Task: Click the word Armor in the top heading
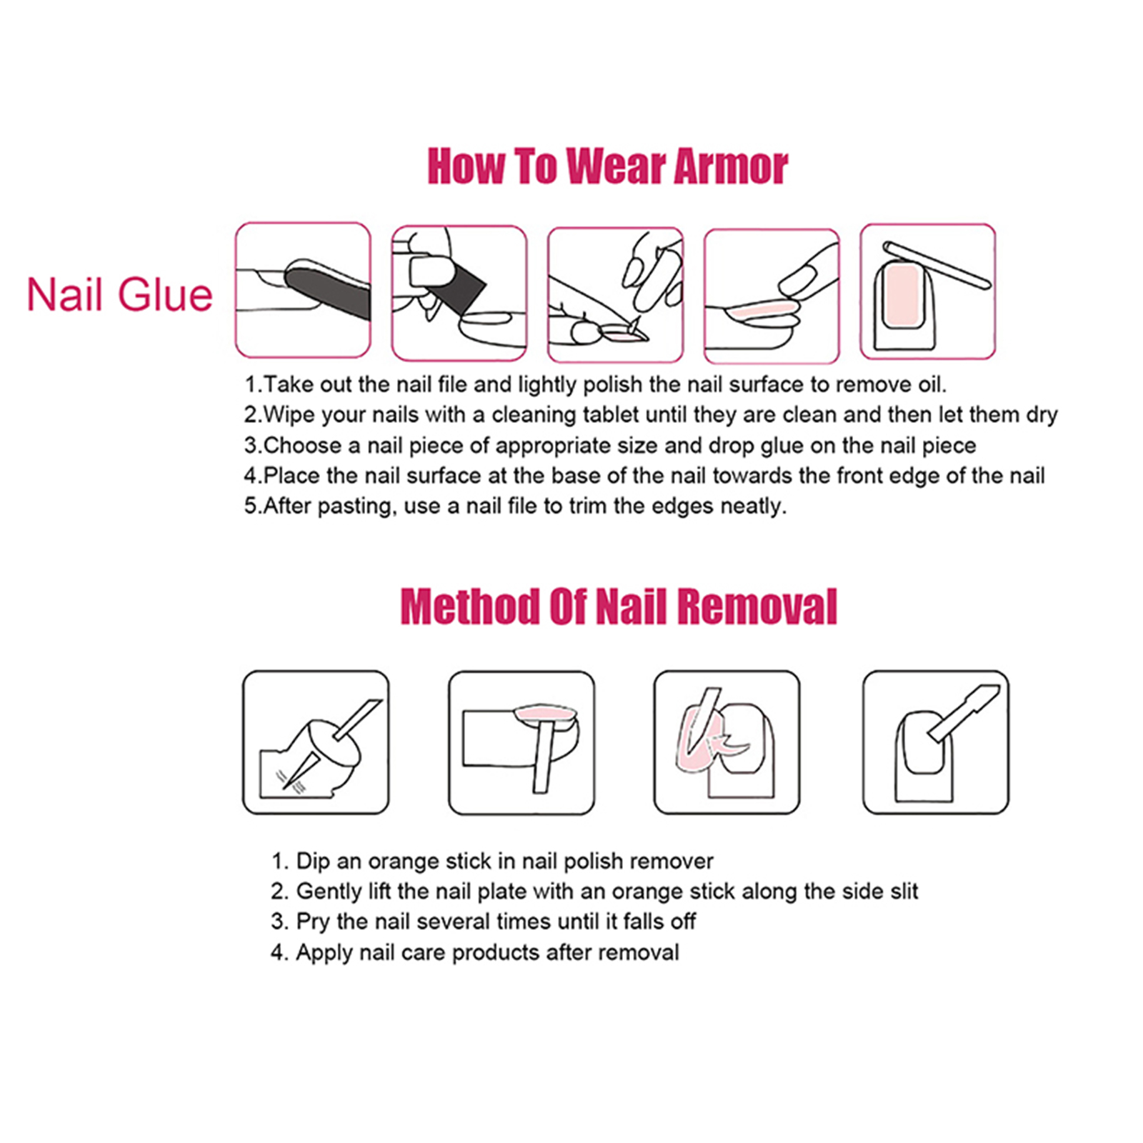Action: (731, 166)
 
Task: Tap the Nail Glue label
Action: (120, 294)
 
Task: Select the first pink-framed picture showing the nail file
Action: (303, 289)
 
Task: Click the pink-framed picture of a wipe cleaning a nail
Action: (459, 293)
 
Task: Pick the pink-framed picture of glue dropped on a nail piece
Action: (615, 294)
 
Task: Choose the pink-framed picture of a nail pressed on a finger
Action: (772, 296)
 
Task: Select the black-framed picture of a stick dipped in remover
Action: (316, 742)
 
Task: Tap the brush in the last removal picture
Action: (964, 712)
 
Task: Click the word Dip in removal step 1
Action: (312, 861)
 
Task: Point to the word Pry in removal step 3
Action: (313, 922)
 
